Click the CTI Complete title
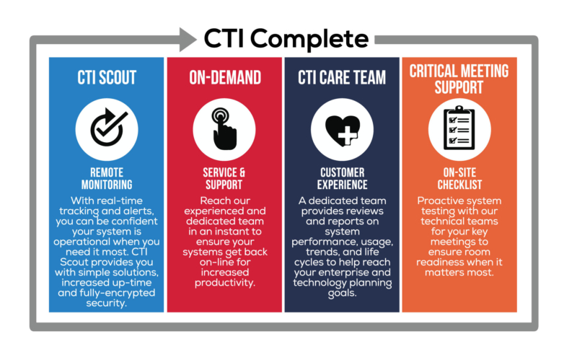pyautogui.click(x=286, y=38)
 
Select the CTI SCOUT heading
pyautogui.click(x=107, y=77)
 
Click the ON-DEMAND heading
pyautogui.click(x=224, y=77)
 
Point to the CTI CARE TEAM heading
pyautogui.click(x=343, y=77)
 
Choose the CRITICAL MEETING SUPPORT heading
pyautogui.click(x=459, y=79)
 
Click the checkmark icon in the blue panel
pyautogui.click(x=107, y=128)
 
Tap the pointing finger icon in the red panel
pyautogui.click(x=224, y=128)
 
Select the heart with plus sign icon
pyautogui.click(x=343, y=128)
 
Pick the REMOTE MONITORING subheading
pyautogui.click(x=107, y=180)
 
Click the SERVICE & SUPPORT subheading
pyautogui.click(x=224, y=180)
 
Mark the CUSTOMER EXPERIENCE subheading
pyautogui.click(x=343, y=180)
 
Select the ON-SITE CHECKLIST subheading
pyautogui.click(x=459, y=180)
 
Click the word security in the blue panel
pyautogui.click(x=107, y=304)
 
